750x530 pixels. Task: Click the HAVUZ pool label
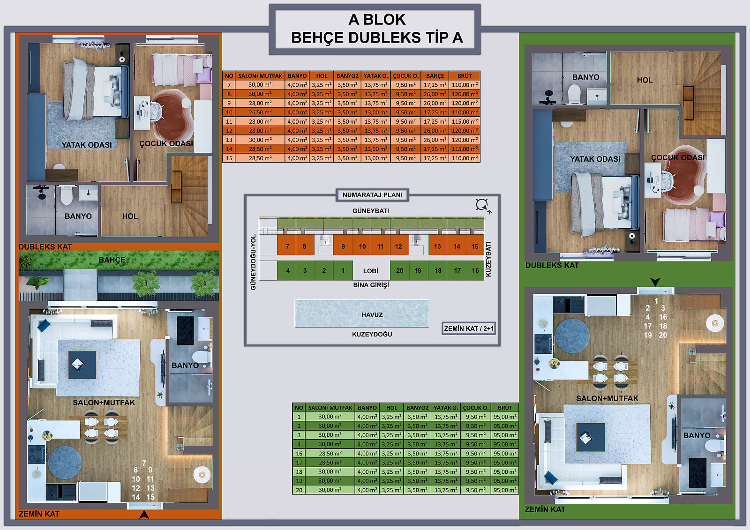coord(372,315)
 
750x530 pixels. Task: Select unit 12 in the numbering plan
coord(398,246)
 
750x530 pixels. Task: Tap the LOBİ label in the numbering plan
coord(371,270)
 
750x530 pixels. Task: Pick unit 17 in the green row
coord(457,270)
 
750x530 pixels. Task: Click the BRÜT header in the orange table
coord(465,75)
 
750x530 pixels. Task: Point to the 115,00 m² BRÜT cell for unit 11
coord(465,121)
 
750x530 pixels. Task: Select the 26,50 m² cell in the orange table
coord(260,112)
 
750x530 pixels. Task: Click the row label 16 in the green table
coord(299,453)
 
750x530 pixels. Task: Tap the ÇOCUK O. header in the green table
coord(475,408)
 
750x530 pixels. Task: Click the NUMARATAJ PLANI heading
coord(372,195)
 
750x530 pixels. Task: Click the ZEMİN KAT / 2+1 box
coord(469,328)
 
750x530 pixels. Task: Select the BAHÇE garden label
coord(112,260)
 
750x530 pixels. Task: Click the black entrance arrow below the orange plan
coord(144,514)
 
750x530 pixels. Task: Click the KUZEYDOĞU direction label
coord(372,334)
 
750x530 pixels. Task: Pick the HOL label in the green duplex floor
coord(645,80)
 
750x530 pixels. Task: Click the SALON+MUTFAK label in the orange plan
coord(104,403)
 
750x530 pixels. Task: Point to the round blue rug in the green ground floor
coord(572,336)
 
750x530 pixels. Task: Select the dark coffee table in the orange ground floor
coord(82,365)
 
